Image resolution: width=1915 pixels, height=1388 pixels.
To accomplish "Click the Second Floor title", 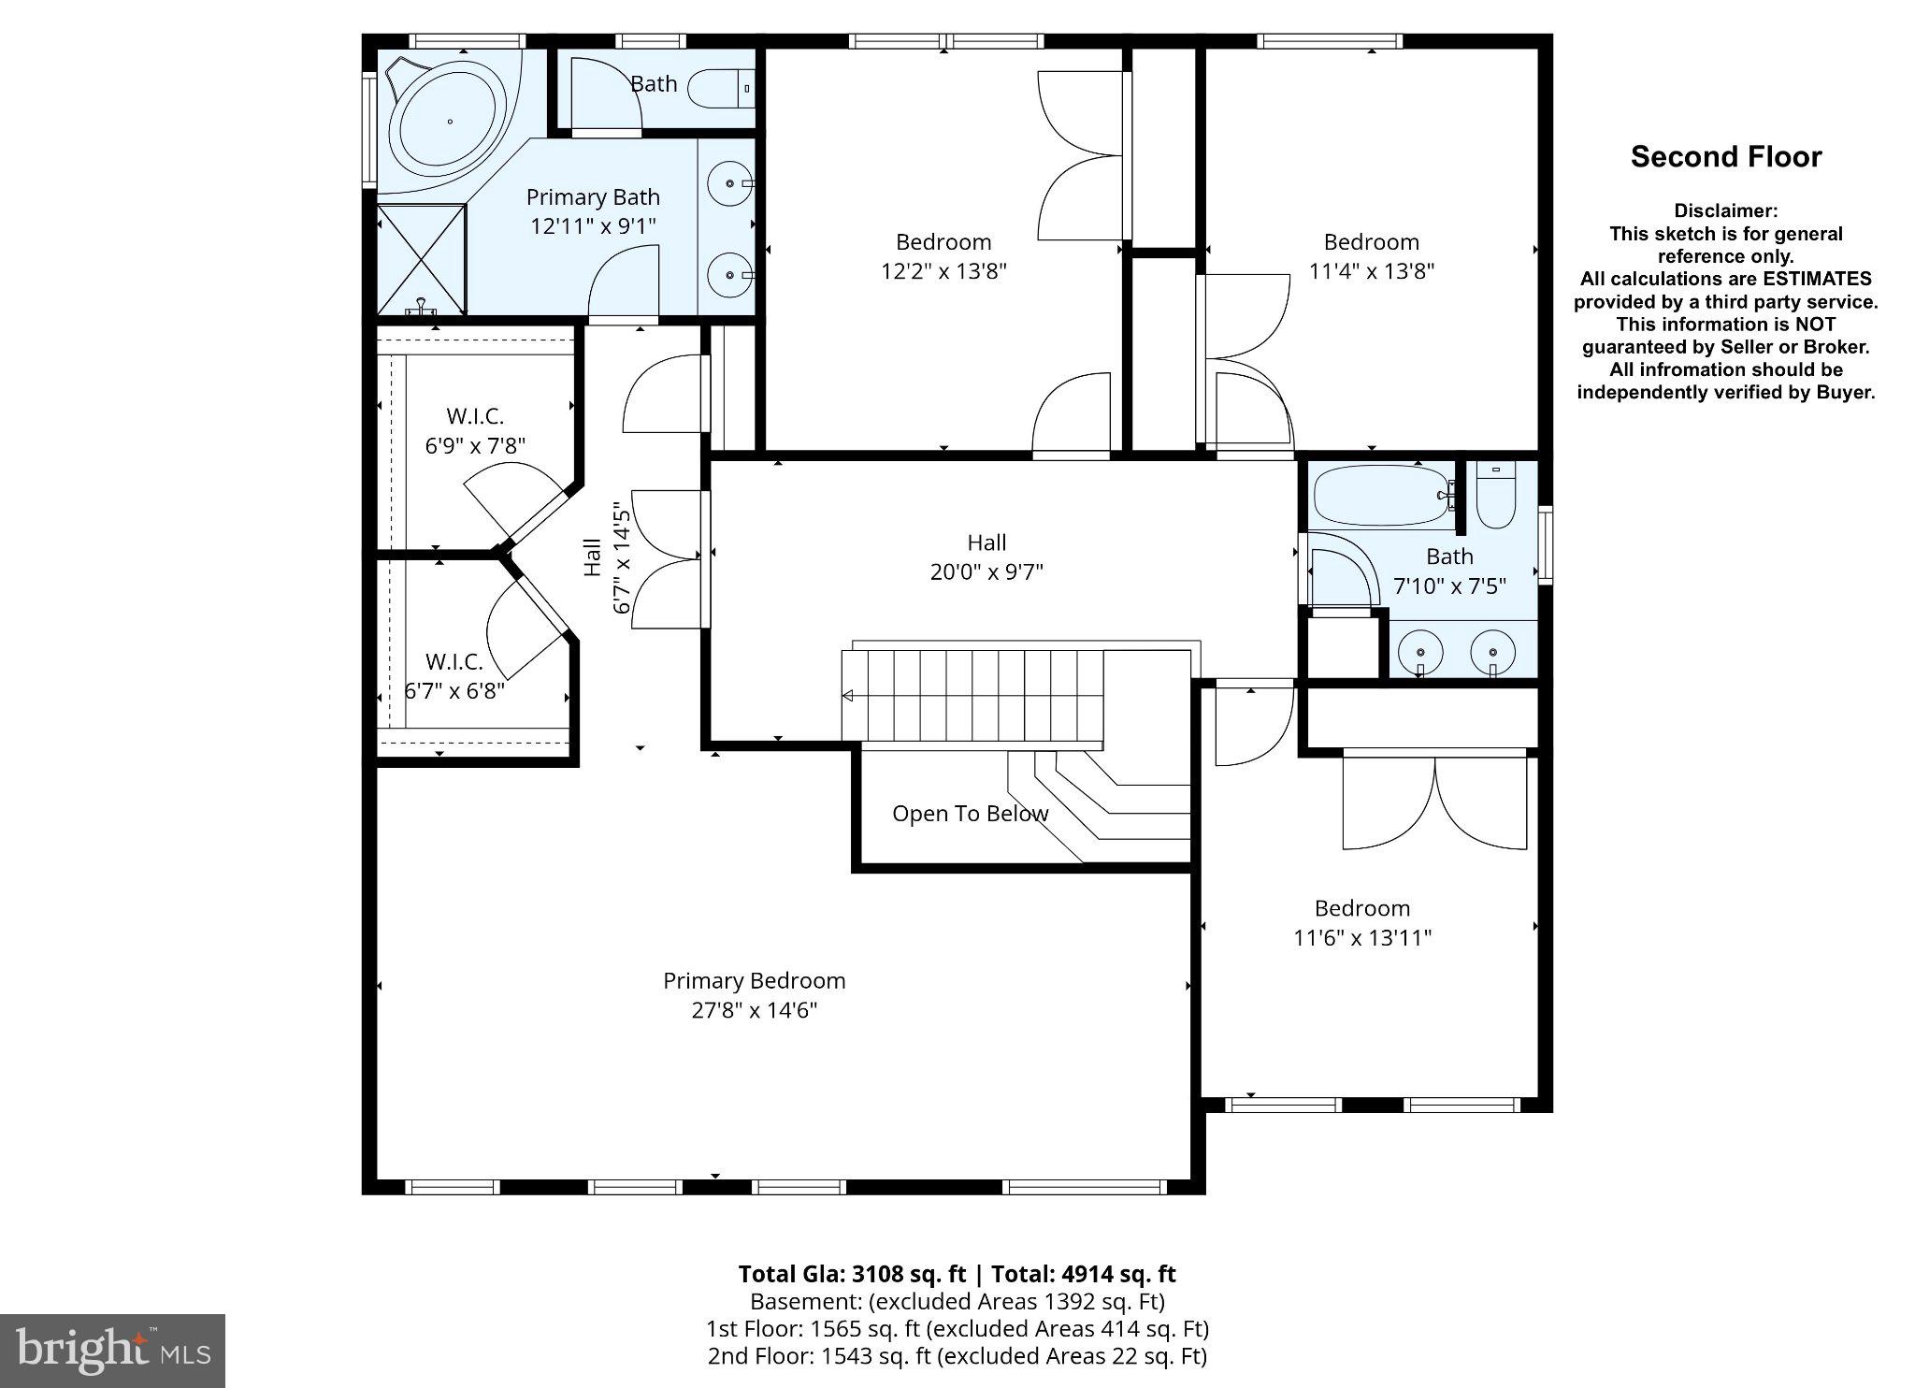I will point(1725,156).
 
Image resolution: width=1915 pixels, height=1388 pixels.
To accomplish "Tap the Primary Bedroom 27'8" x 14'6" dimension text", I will point(754,1010).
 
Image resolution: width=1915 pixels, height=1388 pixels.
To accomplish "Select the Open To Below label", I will point(970,814).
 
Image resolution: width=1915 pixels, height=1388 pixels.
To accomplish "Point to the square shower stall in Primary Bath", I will point(421,259).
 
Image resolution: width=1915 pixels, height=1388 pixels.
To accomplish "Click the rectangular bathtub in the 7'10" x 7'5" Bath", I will point(1380,495).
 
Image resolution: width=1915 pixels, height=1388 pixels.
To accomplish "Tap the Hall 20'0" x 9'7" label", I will point(986,557).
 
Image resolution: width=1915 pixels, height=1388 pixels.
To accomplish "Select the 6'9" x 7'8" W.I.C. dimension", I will point(475,446).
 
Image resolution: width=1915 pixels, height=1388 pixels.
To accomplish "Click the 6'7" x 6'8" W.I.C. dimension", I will point(454,691).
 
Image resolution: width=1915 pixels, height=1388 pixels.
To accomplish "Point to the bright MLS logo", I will point(112,1351).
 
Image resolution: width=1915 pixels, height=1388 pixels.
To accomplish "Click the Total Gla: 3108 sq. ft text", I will point(851,1274).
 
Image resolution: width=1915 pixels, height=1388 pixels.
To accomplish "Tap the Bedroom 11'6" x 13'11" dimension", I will point(1362,937).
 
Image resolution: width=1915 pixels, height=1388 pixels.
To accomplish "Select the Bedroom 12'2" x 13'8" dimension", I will point(943,271).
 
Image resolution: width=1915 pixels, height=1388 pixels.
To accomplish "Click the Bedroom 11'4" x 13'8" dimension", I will point(1371,271).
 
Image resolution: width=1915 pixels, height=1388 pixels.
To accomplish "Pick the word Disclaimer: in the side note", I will point(1725,211).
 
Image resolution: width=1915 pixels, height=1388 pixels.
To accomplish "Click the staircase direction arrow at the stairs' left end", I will point(848,695).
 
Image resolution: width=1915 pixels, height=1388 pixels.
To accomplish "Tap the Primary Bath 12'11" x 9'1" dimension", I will point(593,226).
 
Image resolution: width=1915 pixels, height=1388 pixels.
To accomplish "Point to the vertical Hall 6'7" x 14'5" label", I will point(608,557).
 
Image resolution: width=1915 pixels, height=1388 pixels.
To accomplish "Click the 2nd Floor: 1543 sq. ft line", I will point(957,1356).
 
